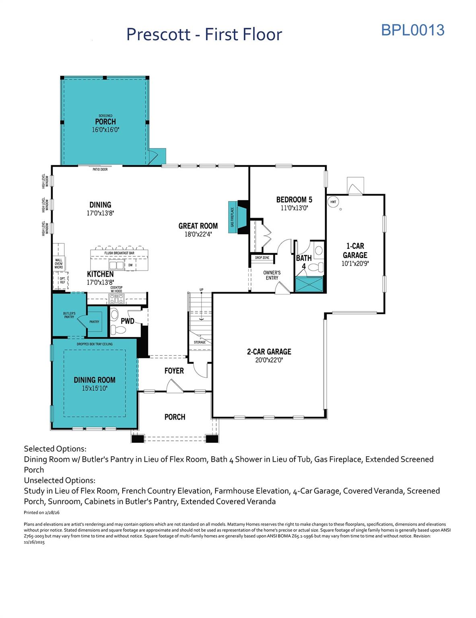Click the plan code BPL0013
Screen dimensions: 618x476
pyautogui.click(x=412, y=30)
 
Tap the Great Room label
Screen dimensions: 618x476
pyautogui.click(x=198, y=226)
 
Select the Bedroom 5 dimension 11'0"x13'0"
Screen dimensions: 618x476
pyautogui.click(x=295, y=208)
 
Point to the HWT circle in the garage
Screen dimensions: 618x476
pyautogui.click(x=333, y=202)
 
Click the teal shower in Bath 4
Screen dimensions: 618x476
pyautogui.click(x=309, y=284)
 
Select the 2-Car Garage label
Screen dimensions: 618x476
pyautogui.click(x=269, y=352)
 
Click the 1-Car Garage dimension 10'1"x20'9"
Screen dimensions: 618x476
pyautogui.click(x=355, y=264)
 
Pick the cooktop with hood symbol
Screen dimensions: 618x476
pyautogui.click(x=117, y=298)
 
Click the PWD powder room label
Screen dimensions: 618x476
pyautogui.click(x=127, y=321)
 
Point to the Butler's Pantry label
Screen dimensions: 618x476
pyautogui.click(x=69, y=315)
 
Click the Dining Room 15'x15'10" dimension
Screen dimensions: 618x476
pyautogui.click(x=95, y=388)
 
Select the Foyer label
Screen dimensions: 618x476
pyautogui.click(x=174, y=371)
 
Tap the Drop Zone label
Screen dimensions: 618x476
pyautogui.click(x=262, y=257)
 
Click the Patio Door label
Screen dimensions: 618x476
pyautogui.click(x=100, y=169)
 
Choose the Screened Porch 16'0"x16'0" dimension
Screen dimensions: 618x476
pyautogui.click(x=105, y=130)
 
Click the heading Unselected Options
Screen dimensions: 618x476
pyautogui.click(x=60, y=480)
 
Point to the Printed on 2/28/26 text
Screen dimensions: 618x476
pyautogui.click(x=41, y=513)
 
